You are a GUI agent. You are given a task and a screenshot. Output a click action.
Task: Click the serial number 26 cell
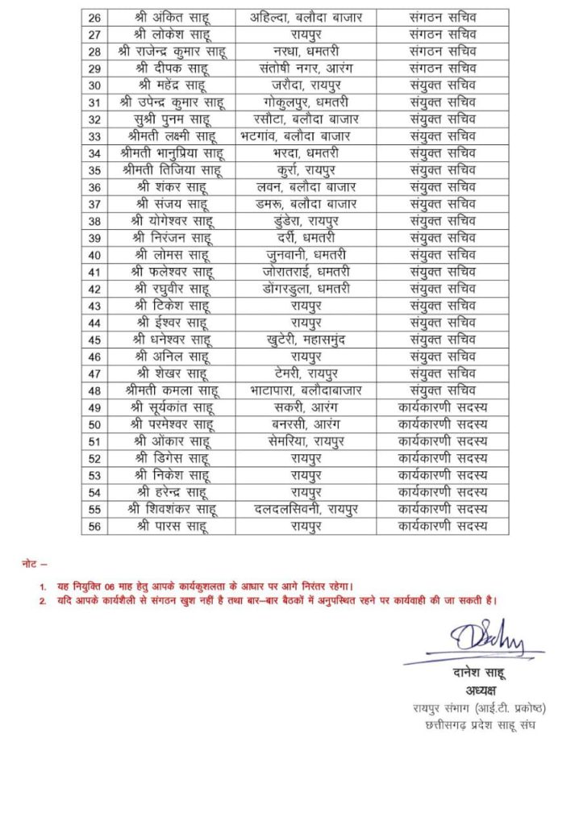point(94,17)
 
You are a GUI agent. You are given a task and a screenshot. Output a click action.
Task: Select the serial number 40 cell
point(94,255)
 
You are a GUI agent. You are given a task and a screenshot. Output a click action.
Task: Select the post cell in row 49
point(443,407)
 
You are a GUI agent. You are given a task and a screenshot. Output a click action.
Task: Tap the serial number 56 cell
point(94,526)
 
